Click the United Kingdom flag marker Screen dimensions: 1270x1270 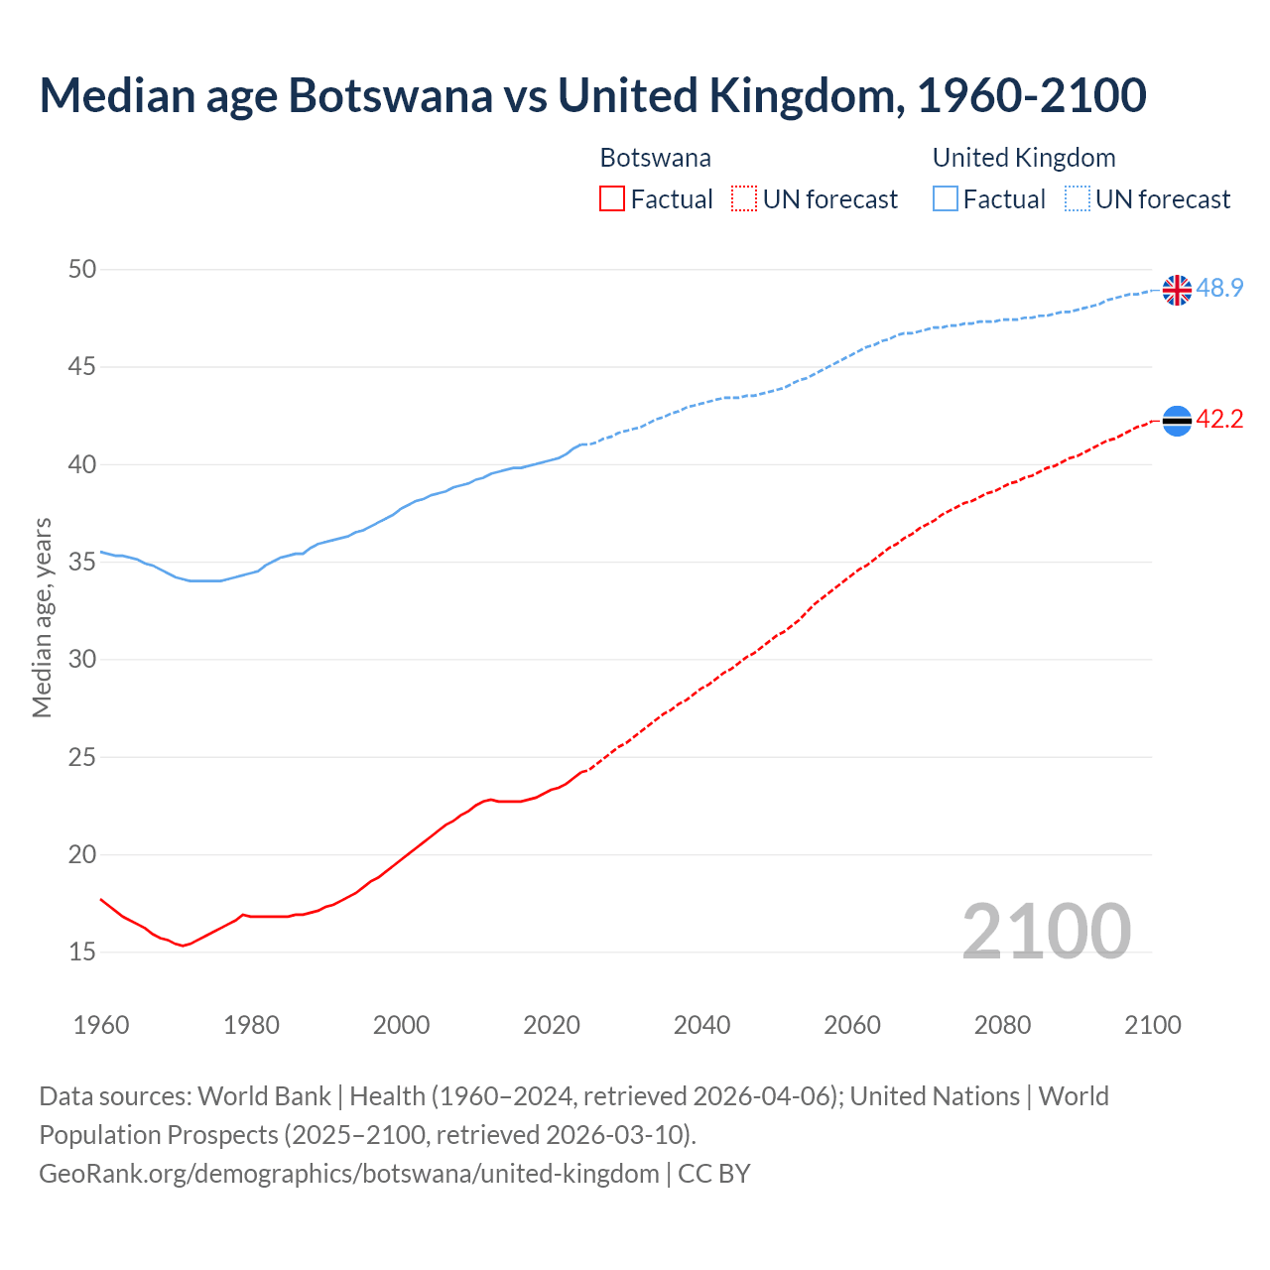tap(1177, 290)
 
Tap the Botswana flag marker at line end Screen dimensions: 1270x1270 tap(1177, 421)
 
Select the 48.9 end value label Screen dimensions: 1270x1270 tap(1219, 289)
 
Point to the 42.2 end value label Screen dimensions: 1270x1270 tap(1219, 420)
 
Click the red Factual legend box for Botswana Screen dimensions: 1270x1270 tap(612, 198)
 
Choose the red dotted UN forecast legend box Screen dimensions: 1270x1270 tap(744, 198)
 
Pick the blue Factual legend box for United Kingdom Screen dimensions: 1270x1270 tap(946, 198)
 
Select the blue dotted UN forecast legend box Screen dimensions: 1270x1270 tap(1077, 198)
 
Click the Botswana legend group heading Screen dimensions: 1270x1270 tap(655, 158)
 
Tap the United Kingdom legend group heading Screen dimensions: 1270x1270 tap(1023, 158)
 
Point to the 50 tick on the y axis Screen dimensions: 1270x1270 tap(82, 269)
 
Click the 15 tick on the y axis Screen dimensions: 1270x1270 tap(82, 952)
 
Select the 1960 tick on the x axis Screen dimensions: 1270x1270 tap(101, 1025)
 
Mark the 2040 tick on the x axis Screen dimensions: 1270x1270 tap(701, 1025)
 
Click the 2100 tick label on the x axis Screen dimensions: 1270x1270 tap(1152, 1025)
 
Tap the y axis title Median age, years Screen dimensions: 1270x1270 tap(42, 617)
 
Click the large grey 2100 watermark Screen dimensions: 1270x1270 tap(1046, 931)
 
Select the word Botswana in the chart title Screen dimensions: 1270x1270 tap(390, 95)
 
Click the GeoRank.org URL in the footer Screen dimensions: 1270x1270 tap(348, 1174)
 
